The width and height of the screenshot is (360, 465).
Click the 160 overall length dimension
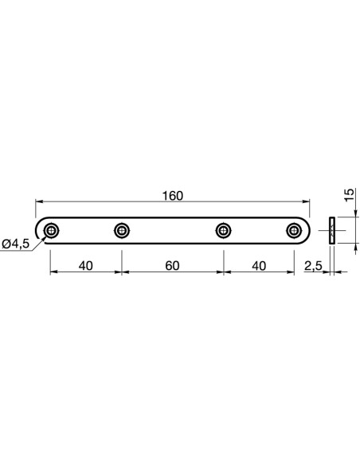pyautogui.click(x=173, y=196)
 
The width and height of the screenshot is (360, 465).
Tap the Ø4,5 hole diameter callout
pyautogui.click(x=16, y=244)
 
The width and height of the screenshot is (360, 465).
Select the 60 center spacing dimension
pyautogui.click(x=172, y=266)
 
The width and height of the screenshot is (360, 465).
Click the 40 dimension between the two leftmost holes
pyautogui.click(x=86, y=266)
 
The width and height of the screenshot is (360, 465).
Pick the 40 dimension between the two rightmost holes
pyautogui.click(x=259, y=266)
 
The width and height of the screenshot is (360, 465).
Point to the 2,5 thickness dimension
pyautogui.click(x=313, y=266)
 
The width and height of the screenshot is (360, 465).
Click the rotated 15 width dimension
pyautogui.click(x=350, y=194)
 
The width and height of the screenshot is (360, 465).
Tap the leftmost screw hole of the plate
pyautogui.click(x=51, y=230)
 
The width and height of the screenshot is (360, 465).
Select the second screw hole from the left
pyautogui.click(x=122, y=230)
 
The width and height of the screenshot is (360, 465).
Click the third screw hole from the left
pyautogui.click(x=223, y=230)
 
